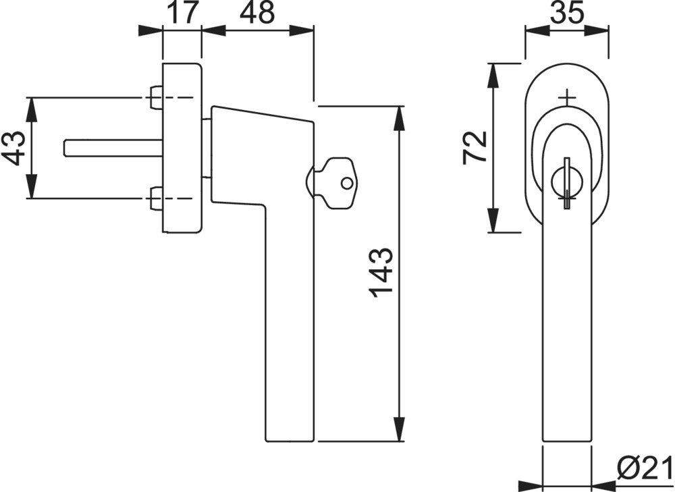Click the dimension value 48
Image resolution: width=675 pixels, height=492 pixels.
coord(257,12)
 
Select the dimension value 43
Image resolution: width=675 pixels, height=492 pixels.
coord(14,148)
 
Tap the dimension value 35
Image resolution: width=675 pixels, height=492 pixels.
coord(567,12)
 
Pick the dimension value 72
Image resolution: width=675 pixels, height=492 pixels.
coord(475,147)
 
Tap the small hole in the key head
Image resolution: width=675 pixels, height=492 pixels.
coord(346,184)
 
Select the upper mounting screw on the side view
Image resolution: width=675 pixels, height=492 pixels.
coord(155,98)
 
